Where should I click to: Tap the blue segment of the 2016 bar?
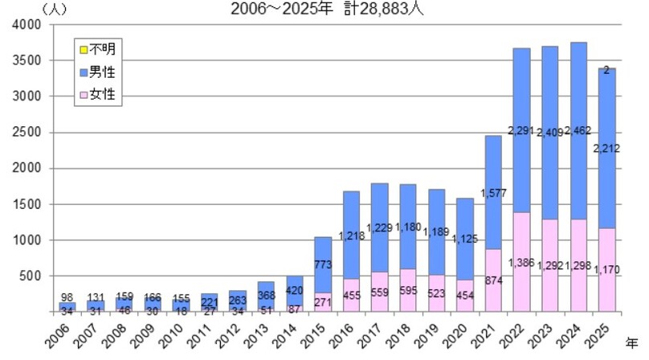click(x=352, y=241)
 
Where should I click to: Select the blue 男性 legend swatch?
click(x=83, y=72)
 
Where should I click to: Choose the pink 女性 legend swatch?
click(x=83, y=95)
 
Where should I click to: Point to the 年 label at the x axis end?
click(x=634, y=328)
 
